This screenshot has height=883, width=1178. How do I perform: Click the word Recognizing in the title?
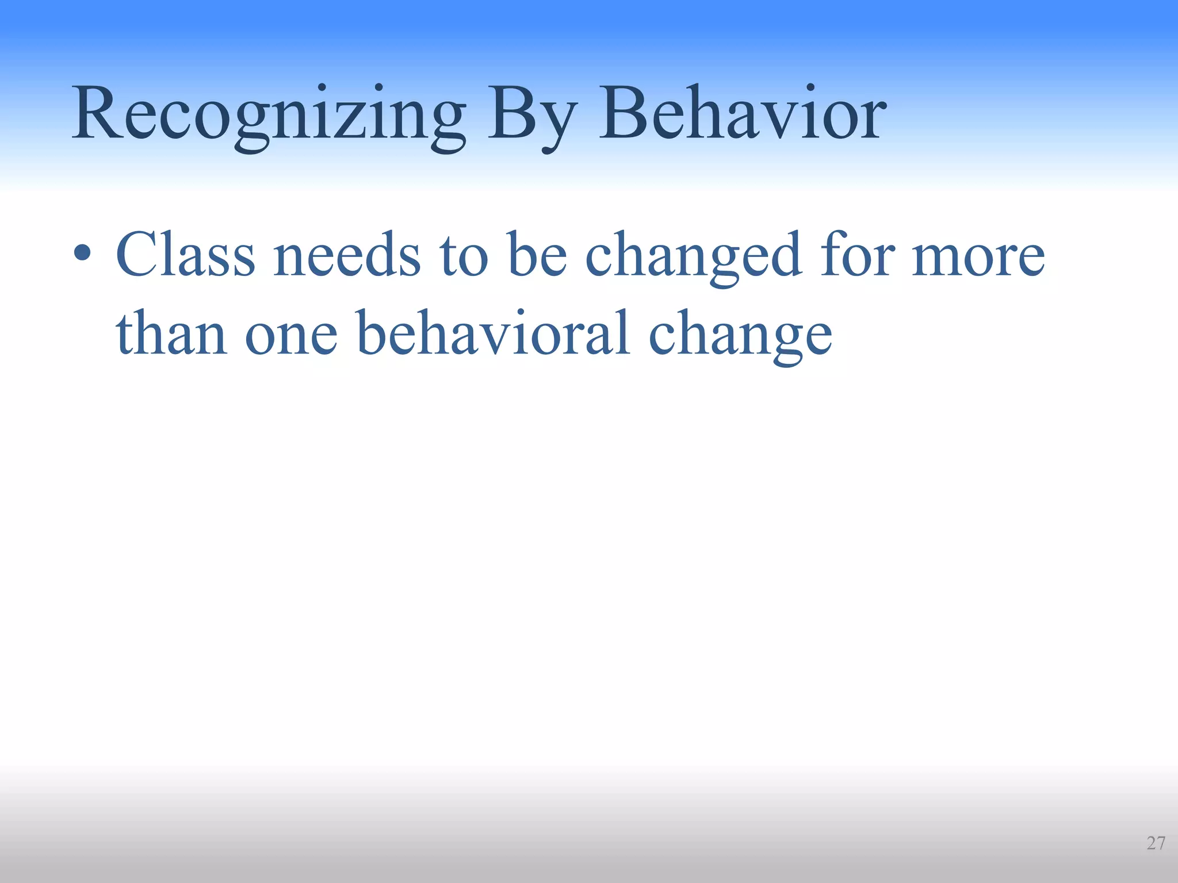(x=268, y=115)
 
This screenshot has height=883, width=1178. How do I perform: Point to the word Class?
(x=185, y=255)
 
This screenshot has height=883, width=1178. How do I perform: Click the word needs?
(x=347, y=255)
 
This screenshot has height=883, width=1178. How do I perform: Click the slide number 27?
(x=1155, y=843)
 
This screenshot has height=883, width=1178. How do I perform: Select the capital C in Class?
(x=138, y=254)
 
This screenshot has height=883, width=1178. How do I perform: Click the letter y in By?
(x=554, y=123)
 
